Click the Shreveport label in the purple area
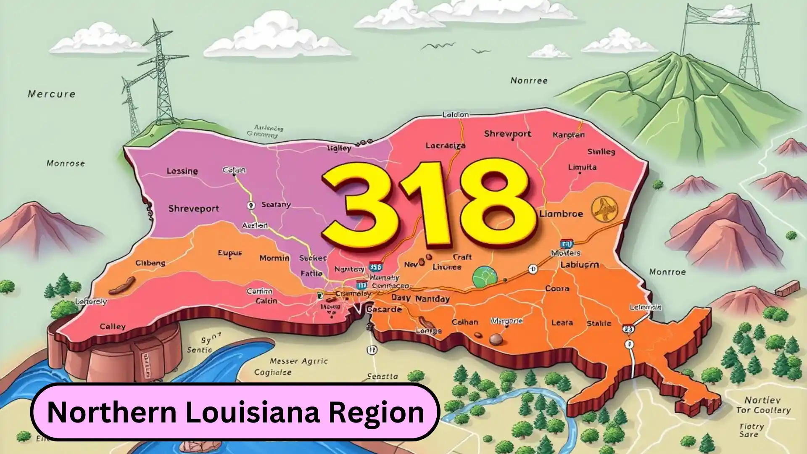pyautogui.click(x=193, y=209)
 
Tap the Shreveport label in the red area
pyautogui.click(x=507, y=134)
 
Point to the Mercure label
pyautogui.click(x=51, y=94)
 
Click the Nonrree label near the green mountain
pyautogui.click(x=528, y=80)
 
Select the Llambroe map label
pyautogui.click(x=561, y=214)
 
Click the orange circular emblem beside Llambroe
pyautogui.click(x=605, y=210)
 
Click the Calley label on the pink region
pyautogui.click(x=113, y=327)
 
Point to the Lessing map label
pyautogui.click(x=182, y=171)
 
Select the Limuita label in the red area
pyautogui.click(x=582, y=167)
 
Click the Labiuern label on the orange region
pyautogui.click(x=579, y=265)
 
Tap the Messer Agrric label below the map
pyautogui.click(x=298, y=361)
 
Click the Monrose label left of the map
pyautogui.click(x=66, y=163)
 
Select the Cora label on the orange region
pyautogui.click(x=557, y=289)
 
